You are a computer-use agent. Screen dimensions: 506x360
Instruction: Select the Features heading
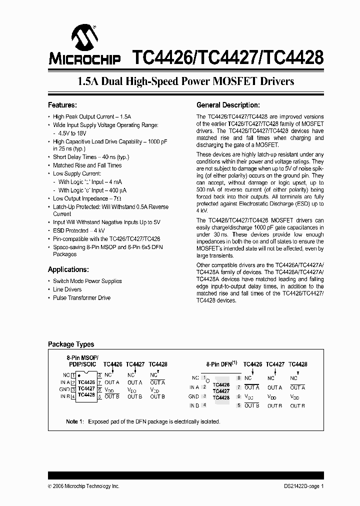62,105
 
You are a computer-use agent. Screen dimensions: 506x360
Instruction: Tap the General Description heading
228,105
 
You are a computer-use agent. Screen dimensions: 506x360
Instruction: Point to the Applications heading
68,269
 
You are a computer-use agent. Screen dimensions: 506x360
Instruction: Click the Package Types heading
70,344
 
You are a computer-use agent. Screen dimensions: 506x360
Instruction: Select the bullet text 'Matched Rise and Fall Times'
87,165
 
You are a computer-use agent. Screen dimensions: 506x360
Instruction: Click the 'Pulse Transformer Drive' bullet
81,298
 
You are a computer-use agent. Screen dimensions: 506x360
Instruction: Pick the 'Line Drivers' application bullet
67,289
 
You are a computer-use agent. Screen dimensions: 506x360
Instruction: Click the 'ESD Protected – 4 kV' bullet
78,230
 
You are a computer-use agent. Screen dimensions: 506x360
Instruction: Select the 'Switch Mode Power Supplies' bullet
87,281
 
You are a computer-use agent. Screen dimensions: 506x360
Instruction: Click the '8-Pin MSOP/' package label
83,358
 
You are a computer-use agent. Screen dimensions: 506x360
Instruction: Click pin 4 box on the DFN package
204,405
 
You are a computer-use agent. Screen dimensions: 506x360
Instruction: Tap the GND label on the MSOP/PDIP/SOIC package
64,389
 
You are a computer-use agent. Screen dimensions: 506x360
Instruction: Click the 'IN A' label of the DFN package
194,387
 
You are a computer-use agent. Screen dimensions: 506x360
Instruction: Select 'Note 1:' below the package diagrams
75,421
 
